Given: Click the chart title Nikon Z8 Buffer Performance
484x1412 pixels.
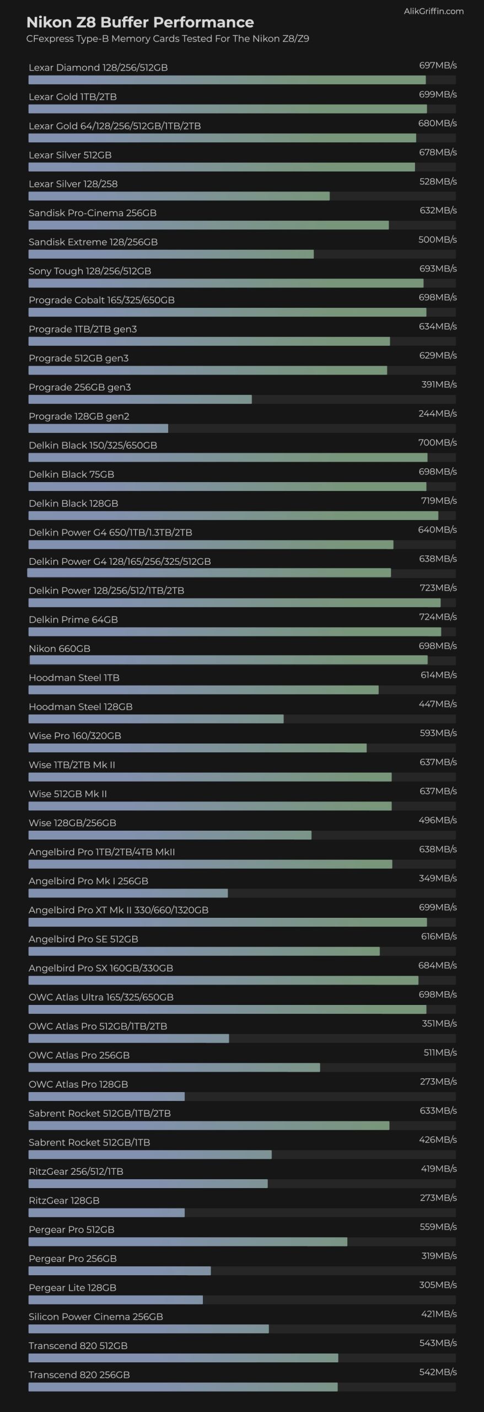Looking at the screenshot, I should coord(140,22).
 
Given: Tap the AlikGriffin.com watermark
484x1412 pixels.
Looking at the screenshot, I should coord(433,11).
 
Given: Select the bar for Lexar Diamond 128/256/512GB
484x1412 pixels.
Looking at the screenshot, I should coord(227,80).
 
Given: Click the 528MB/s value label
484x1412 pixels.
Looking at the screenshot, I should coord(438,181).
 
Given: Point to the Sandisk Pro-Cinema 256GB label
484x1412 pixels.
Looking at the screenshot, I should coord(93,213).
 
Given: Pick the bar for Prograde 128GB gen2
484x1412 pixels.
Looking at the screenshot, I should coord(98,429).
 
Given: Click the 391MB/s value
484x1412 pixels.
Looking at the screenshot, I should coord(439,384).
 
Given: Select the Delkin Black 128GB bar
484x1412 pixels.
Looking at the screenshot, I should coord(233,516).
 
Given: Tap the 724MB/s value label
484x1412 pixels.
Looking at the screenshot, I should coord(438,617).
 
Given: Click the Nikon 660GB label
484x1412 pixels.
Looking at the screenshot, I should coord(60,649).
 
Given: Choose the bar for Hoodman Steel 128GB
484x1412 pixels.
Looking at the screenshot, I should coord(156,719).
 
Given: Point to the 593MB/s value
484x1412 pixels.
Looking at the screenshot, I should coord(438,733).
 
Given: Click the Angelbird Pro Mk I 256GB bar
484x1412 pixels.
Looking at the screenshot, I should coord(128,893).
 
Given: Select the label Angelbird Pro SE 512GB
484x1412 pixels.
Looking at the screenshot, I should coord(83,939).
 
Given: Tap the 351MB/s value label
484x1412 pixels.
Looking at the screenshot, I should coord(439,1024).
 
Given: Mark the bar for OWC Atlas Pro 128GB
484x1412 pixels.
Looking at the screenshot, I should coord(106,1097).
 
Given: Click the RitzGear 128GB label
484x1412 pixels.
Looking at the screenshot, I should coord(64,1201).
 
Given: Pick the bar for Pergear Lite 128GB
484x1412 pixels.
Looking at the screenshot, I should coord(116,1300).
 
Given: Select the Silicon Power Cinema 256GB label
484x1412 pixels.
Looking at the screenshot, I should coord(96,1317).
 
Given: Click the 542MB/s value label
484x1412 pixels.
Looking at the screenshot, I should coord(438,1372).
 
